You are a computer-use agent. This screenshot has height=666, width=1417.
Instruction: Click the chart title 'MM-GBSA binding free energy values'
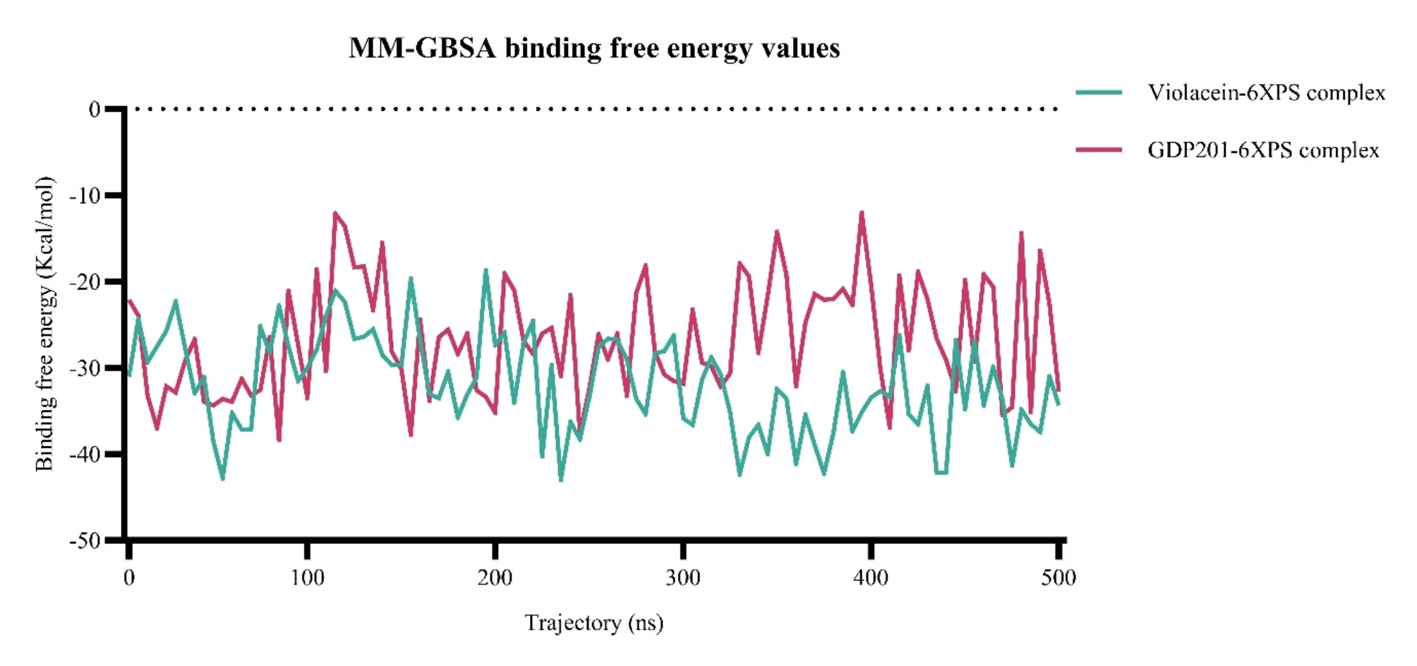coord(594,48)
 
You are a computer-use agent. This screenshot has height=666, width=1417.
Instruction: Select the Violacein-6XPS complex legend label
coord(1266,92)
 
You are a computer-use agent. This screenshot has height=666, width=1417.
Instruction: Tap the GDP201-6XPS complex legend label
coord(1262,150)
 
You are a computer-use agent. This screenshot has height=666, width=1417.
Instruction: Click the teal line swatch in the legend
coord(1099,92)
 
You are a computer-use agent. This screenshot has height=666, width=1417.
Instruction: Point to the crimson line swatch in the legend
coord(1099,150)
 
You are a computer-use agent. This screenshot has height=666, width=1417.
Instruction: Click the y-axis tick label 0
coord(94,109)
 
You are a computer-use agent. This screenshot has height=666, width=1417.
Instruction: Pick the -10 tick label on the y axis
coord(85,195)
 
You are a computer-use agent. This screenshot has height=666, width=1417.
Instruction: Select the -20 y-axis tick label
coord(85,281)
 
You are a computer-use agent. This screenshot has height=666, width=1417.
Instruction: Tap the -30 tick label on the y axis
coord(85,368)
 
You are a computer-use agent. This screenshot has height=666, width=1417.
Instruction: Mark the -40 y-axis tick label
coord(85,454)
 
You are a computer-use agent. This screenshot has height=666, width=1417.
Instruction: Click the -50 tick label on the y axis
coord(85,541)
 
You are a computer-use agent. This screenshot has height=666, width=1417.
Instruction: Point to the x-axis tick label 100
coord(307,579)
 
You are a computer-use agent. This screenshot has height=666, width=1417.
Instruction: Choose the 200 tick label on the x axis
coord(495,579)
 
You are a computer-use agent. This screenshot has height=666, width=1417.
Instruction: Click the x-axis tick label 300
coord(682,579)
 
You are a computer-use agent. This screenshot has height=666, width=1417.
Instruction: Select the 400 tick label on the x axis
coord(870,579)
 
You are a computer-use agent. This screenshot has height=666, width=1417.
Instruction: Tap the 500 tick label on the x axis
coord(1058,579)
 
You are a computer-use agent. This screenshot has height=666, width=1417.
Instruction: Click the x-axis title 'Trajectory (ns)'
coord(594,623)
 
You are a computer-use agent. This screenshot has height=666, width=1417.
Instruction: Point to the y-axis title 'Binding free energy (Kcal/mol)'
coord(44,323)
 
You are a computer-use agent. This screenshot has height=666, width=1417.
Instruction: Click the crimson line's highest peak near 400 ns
coord(862,212)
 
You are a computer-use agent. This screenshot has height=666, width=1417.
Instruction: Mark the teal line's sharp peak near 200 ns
coord(486,270)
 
